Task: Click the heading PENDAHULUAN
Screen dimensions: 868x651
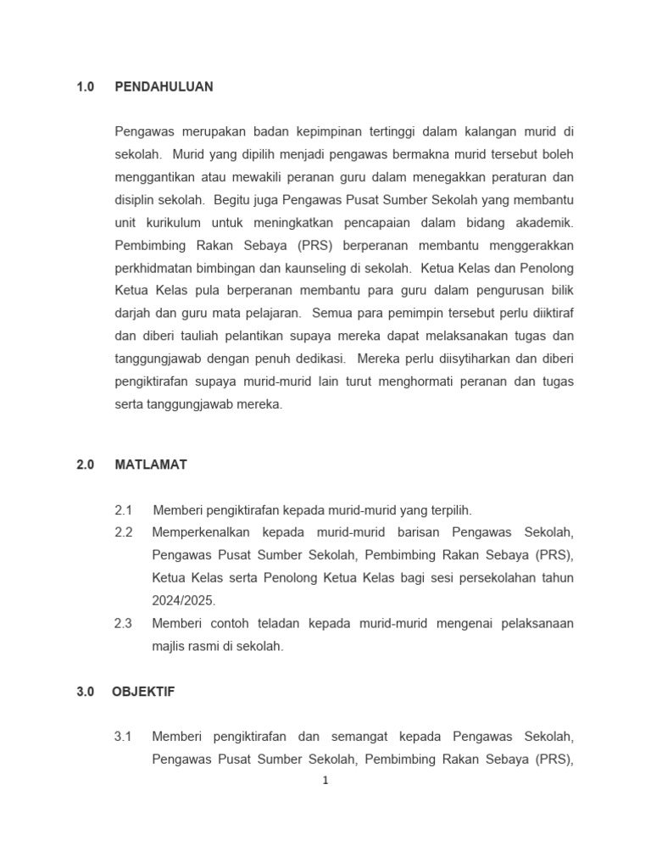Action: (164, 86)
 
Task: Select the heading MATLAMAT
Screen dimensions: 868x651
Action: (151, 465)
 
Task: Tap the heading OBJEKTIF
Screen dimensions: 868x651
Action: (143, 692)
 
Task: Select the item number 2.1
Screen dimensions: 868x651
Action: (124, 510)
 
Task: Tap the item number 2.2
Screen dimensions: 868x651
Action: (124, 532)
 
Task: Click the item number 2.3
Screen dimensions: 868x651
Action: (124, 623)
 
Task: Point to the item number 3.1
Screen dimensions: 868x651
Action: (124, 737)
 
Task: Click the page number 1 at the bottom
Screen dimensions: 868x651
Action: (325, 781)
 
